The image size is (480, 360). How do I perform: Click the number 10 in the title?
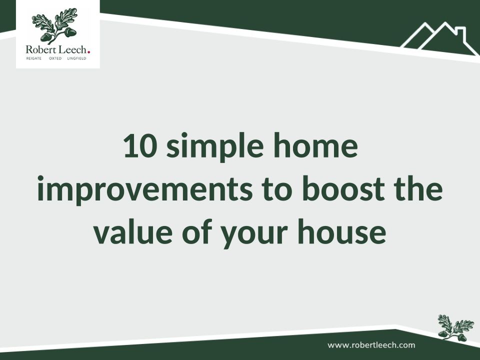tap(140, 145)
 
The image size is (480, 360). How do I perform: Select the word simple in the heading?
tap(215, 147)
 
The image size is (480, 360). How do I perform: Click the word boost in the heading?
tap(343, 188)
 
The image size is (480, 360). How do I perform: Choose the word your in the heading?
tap(254, 234)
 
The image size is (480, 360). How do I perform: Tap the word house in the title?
tap(341, 231)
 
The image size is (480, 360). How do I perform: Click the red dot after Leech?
tap(89, 52)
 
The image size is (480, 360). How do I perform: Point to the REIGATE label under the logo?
tap(33, 58)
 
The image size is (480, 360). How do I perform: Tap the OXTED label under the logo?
tap(55, 58)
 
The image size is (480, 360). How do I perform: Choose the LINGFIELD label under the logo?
tap(76, 58)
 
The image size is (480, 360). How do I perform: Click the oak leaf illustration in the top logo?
tap(55, 26)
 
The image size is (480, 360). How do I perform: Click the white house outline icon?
tap(439, 39)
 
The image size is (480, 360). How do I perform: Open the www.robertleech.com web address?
tap(371, 345)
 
